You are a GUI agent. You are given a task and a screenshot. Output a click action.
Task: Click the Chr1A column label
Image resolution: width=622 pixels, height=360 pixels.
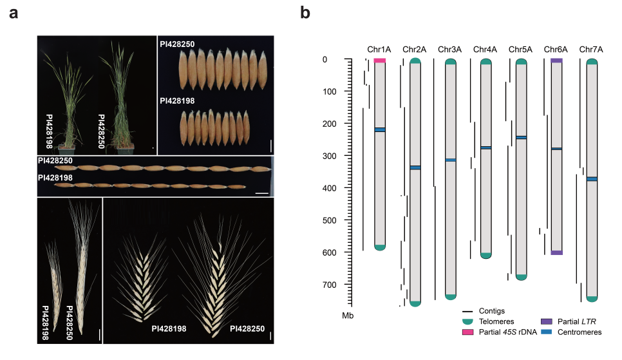pos(379,49)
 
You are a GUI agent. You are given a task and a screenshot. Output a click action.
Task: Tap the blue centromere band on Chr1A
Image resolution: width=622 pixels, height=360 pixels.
pos(380,130)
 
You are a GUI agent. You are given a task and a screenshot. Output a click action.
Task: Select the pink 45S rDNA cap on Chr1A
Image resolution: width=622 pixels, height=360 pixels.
pos(380,61)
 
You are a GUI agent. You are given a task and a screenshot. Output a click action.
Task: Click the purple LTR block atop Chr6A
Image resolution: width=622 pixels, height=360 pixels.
pos(556,61)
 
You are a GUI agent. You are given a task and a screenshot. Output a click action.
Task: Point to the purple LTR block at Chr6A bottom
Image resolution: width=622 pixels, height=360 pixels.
pos(556,252)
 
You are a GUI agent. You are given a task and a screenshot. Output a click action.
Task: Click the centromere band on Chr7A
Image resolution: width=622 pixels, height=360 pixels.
pos(592,179)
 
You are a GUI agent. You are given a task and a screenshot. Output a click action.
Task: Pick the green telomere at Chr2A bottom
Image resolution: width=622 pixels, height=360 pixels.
pos(415,303)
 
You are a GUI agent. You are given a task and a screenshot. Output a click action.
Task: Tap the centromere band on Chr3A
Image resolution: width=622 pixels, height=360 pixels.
pos(451,160)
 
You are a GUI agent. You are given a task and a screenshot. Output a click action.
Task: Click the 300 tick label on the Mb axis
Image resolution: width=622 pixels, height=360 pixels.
pos(329,156)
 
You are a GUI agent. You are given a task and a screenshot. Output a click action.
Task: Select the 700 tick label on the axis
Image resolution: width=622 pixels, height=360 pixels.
pos(329,285)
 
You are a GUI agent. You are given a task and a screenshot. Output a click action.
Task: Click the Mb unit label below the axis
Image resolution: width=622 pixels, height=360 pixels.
pos(348,316)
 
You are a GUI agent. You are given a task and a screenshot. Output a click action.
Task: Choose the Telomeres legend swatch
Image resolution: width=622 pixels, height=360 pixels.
pos(467,321)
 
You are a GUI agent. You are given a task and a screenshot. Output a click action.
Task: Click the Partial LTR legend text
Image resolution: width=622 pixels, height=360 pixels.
pos(576,321)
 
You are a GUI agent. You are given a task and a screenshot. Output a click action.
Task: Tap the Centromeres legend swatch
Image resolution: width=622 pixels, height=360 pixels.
pos(547,332)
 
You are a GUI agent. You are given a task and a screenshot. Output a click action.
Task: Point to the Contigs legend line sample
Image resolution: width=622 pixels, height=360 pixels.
pos(467,311)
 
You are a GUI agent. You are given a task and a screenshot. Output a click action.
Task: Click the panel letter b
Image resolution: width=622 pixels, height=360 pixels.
pos(305,13)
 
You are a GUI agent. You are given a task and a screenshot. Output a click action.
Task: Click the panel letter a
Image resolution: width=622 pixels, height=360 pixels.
pos(14,14)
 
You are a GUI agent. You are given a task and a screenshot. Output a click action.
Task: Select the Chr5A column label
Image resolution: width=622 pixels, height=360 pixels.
pos(520,49)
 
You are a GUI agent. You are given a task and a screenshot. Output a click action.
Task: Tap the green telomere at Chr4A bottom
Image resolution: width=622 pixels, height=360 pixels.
pos(486,256)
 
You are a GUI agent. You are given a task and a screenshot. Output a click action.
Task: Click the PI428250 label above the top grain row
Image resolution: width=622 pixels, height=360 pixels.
pos(177,44)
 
